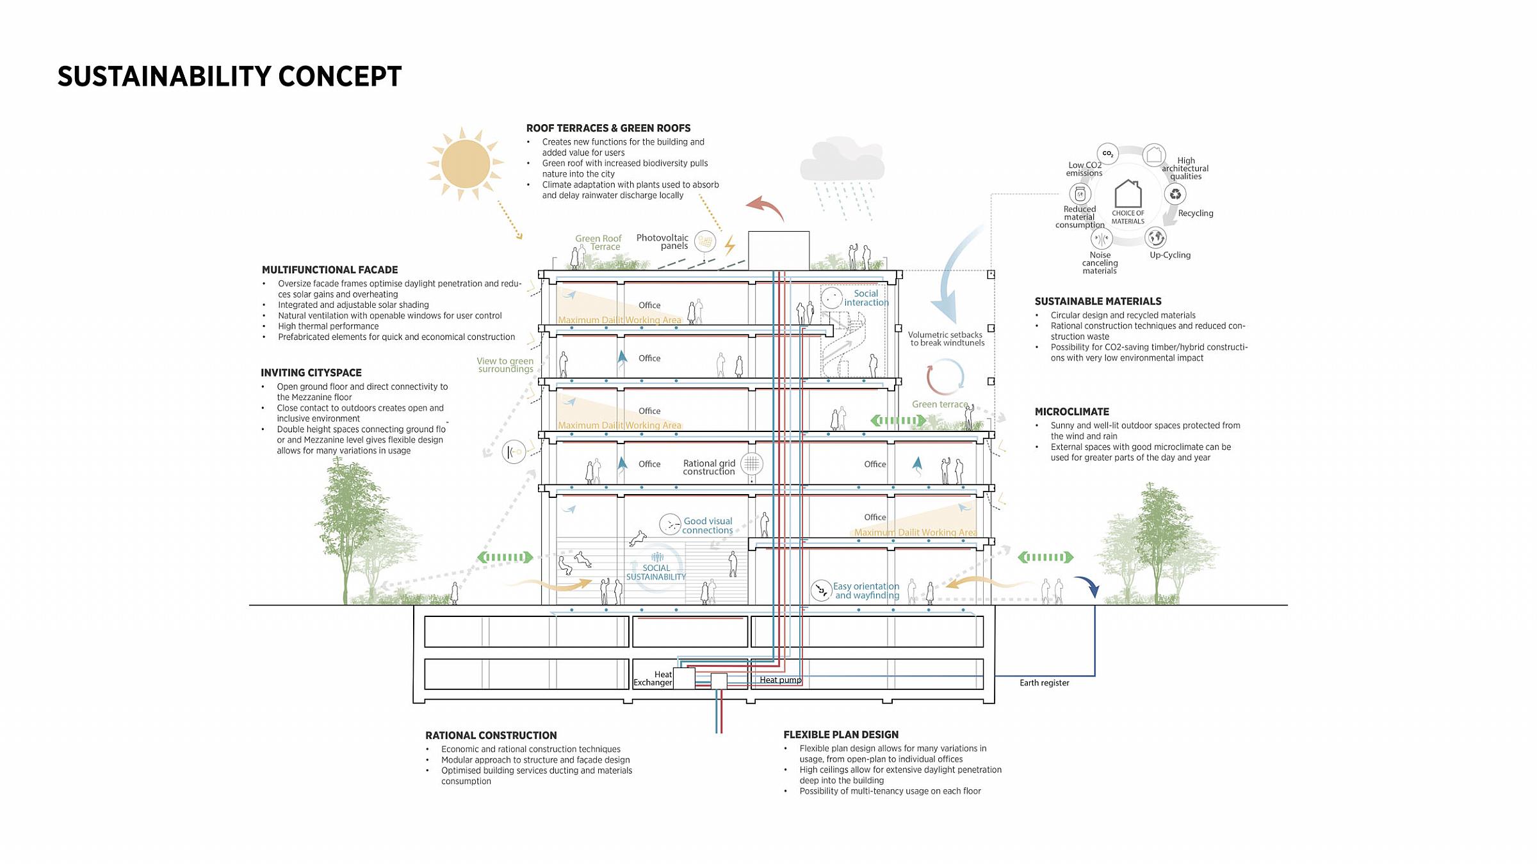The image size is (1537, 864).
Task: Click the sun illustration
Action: point(466,164)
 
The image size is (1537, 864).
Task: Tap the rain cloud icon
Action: point(842,160)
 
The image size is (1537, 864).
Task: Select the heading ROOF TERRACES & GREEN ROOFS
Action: point(608,128)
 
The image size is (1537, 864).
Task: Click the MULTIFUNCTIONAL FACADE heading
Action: point(330,270)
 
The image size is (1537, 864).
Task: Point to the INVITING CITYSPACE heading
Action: point(311,372)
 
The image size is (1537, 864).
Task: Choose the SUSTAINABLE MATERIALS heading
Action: point(1098,301)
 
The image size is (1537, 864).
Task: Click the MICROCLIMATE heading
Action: point(1072,412)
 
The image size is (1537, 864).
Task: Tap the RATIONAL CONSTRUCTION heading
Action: point(491,735)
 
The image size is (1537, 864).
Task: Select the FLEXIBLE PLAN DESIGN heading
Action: point(841,735)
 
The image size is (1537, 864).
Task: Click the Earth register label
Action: point(1045,683)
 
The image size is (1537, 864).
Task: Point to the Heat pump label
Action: point(780,680)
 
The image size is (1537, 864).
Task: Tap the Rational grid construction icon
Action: point(752,463)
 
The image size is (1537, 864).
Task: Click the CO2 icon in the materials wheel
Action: point(1107,154)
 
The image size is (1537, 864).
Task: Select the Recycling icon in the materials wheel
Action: point(1175,194)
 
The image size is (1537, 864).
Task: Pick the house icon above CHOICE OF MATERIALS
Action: point(1128,193)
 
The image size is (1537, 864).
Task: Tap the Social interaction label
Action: point(866,298)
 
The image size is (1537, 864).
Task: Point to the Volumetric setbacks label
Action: point(946,339)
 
